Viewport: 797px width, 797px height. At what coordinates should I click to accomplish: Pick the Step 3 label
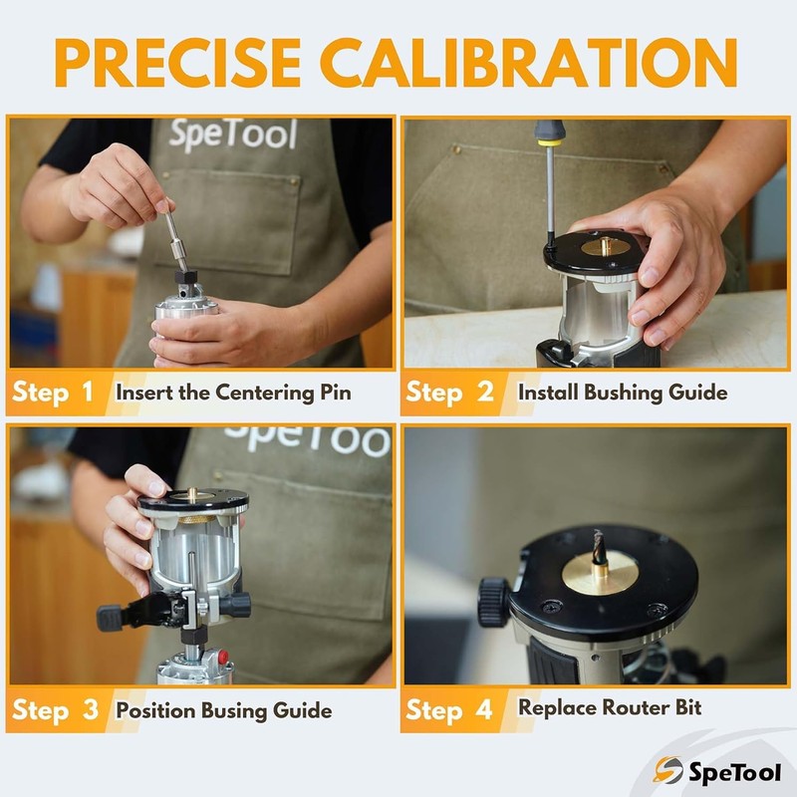pyautogui.click(x=55, y=710)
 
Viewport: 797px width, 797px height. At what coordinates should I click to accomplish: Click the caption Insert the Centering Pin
pyautogui.click(x=233, y=392)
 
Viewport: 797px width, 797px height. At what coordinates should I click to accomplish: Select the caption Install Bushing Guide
pyautogui.click(x=622, y=392)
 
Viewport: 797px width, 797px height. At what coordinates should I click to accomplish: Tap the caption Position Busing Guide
pyautogui.click(x=223, y=710)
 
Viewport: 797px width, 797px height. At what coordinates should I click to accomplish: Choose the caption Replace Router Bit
pyautogui.click(x=610, y=708)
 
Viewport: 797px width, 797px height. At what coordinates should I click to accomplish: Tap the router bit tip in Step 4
pyautogui.click(x=597, y=543)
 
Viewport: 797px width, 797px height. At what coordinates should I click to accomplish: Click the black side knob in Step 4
pyautogui.click(x=492, y=601)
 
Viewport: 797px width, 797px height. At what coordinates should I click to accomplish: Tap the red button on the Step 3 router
pyautogui.click(x=224, y=659)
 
